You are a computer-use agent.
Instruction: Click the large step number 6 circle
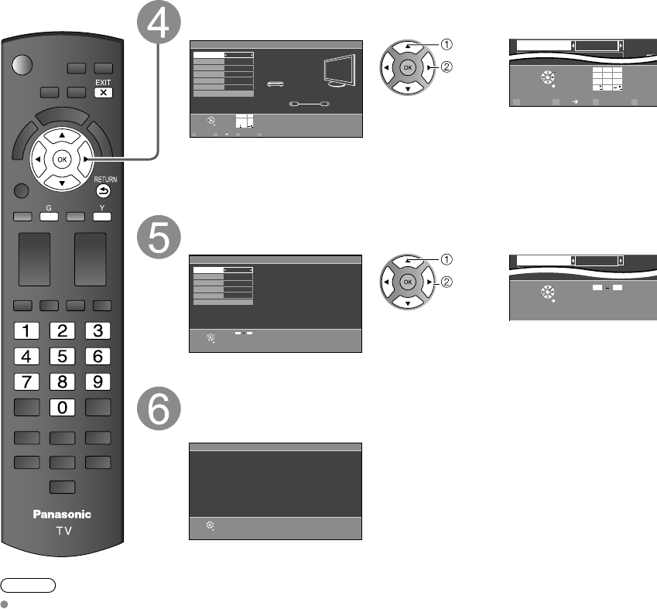click(160, 410)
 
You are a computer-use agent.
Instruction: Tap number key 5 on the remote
click(62, 357)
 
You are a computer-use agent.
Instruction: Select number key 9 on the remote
click(98, 381)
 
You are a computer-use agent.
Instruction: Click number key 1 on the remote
click(26, 331)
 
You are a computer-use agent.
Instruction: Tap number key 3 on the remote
click(98, 331)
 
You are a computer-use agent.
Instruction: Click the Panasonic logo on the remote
click(62, 514)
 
